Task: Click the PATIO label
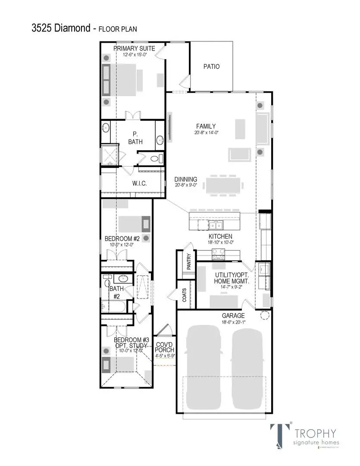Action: pyautogui.click(x=211, y=66)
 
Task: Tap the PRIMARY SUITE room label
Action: pyautogui.click(x=134, y=48)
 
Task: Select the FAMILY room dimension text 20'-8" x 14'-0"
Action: pyautogui.click(x=206, y=133)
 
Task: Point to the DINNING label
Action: pyautogui.click(x=186, y=179)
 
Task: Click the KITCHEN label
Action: pyautogui.click(x=220, y=236)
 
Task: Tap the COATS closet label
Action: pyautogui.click(x=184, y=295)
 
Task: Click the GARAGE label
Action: pyautogui.click(x=222, y=316)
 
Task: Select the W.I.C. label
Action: pyautogui.click(x=139, y=183)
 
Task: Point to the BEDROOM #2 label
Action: pyautogui.click(x=122, y=239)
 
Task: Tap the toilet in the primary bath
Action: pyautogui.click(x=157, y=158)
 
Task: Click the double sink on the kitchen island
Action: pyautogui.click(x=215, y=225)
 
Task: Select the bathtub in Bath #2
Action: pyautogui.click(x=113, y=307)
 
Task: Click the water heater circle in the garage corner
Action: pyautogui.click(x=264, y=316)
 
